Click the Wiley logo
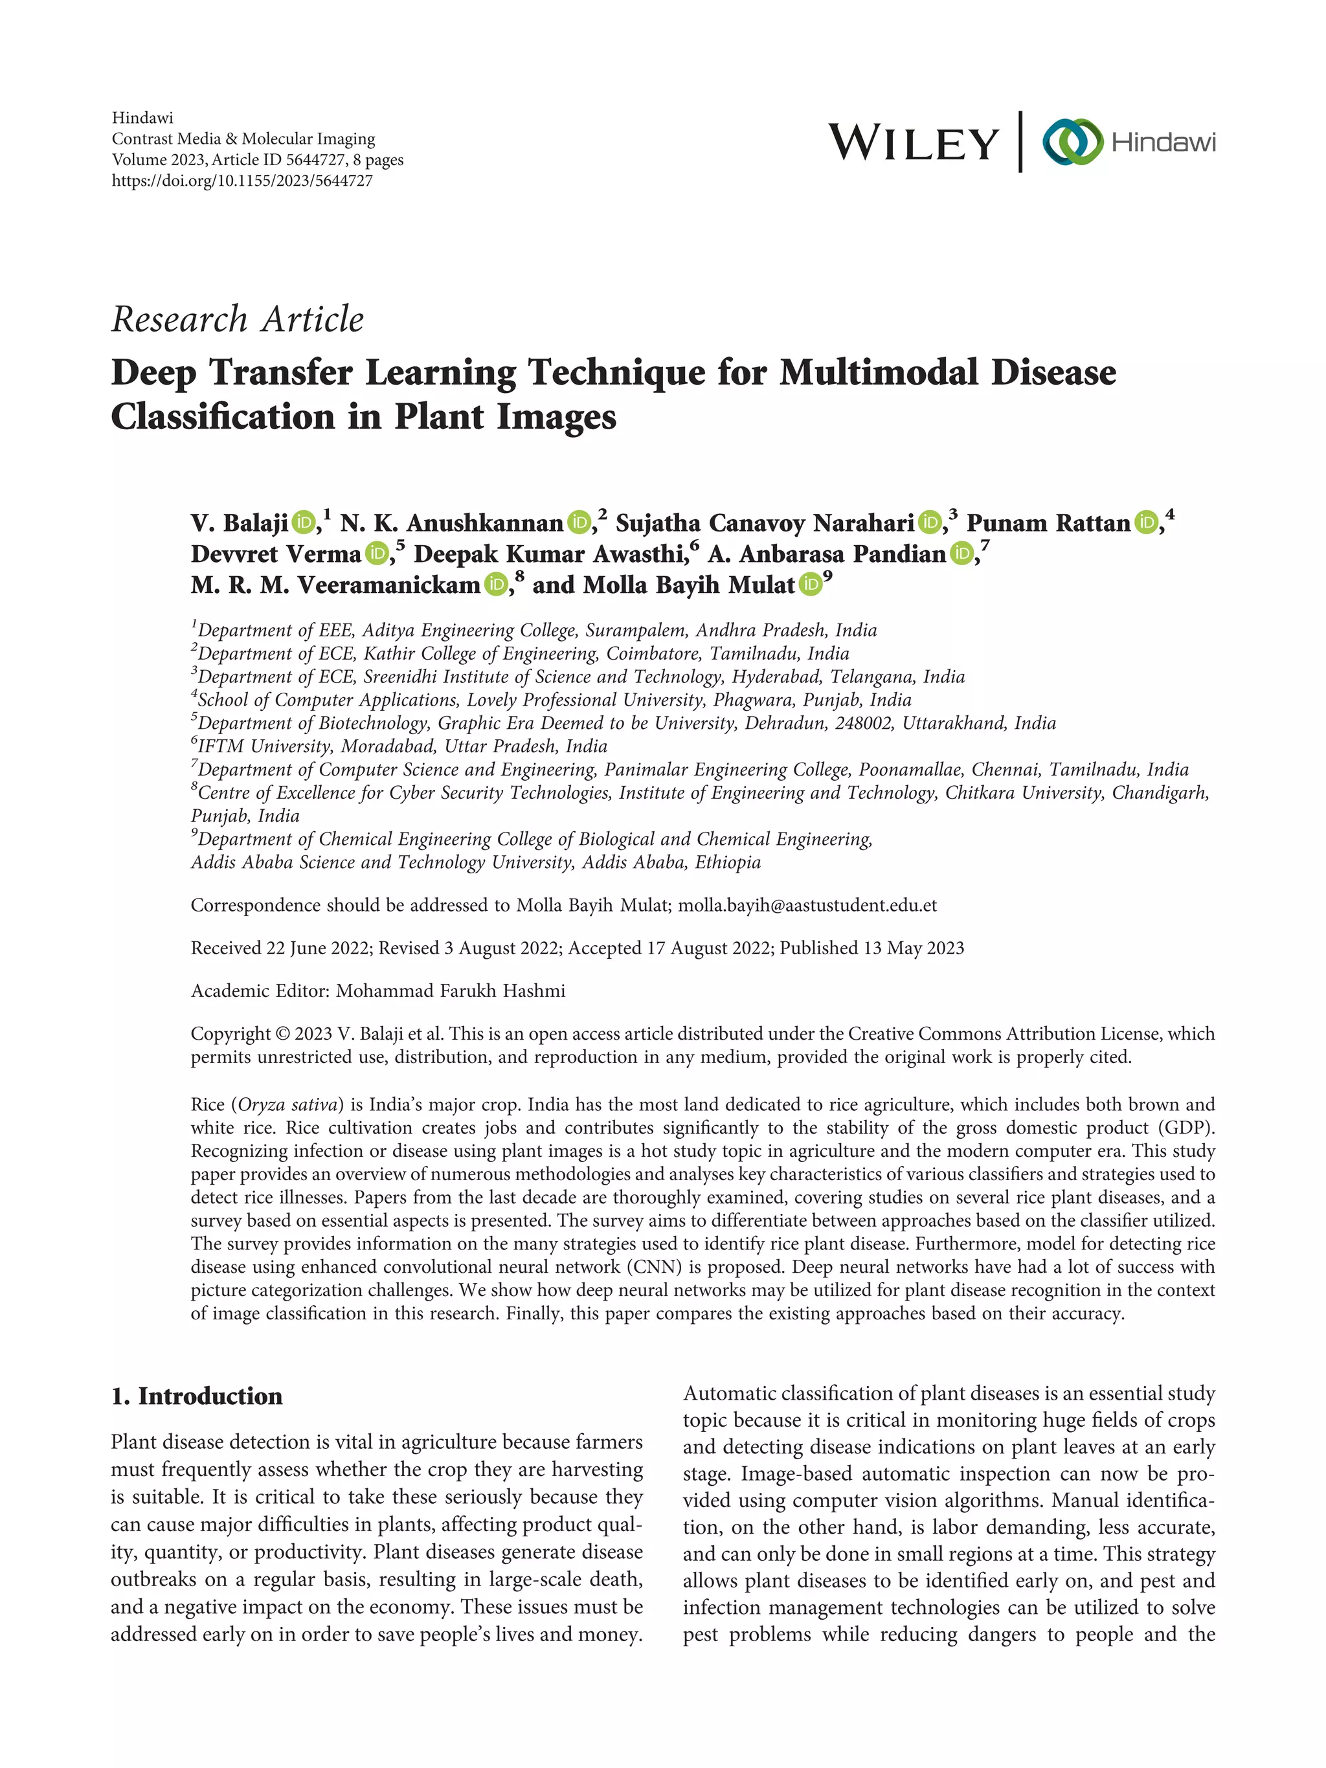pyautogui.click(x=913, y=143)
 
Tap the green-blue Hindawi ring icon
pyautogui.click(x=1072, y=142)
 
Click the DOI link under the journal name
pyautogui.click(x=242, y=181)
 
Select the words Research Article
pyautogui.click(x=238, y=320)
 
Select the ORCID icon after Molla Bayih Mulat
pyautogui.click(x=811, y=585)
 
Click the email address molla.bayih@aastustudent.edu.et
pyautogui.click(x=807, y=906)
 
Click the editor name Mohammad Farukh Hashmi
pyautogui.click(x=450, y=991)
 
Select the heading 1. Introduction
pyautogui.click(x=197, y=1396)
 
